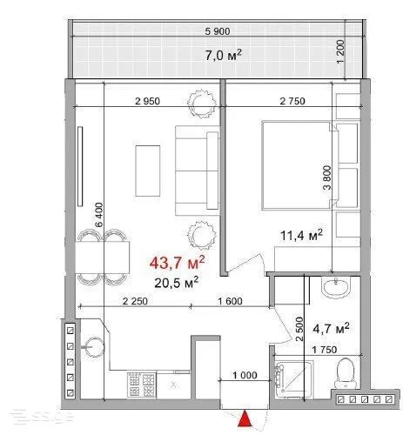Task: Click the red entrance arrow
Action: click(x=245, y=418)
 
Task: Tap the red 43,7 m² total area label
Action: click(x=178, y=263)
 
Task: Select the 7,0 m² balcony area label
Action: click(x=224, y=55)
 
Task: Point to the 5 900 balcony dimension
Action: click(x=218, y=31)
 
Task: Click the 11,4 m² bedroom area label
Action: click(x=301, y=235)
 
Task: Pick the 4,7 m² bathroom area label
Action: click(x=331, y=329)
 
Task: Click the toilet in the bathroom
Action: click(x=345, y=373)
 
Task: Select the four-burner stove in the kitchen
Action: click(x=141, y=385)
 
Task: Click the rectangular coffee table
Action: click(x=148, y=171)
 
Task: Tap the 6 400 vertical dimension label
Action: click(x=99, y=215)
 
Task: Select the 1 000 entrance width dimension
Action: click(x=245, y=375)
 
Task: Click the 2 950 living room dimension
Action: click(x=147, y=101)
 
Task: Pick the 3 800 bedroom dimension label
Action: click(x=326, y=177)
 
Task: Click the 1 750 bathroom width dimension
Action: click(x=325, y=350)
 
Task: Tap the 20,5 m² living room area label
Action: click(x=177, y=283)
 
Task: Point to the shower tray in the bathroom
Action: click(x=294, y=379)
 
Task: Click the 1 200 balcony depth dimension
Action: click(x=341, y=51)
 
